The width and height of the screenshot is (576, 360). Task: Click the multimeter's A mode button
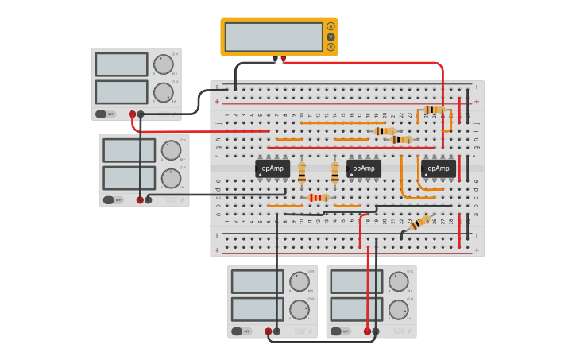tap(331, 26)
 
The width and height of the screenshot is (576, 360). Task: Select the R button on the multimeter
tap(331, 47)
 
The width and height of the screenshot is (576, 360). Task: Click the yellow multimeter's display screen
tap(273, 37)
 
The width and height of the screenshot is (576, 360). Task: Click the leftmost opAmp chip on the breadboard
tap(273, 168)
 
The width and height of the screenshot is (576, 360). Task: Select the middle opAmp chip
tap(364, 168)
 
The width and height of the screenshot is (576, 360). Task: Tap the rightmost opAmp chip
tap(439, 168)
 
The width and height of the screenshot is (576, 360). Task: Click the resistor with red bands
tap(319, 197)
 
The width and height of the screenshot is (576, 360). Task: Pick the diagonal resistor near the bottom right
tap(419, 223)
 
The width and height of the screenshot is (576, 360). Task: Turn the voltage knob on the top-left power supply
tap(163, 64)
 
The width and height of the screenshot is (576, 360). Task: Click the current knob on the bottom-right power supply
tap(398, 309)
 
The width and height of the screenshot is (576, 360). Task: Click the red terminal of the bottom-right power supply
tap(367, 331)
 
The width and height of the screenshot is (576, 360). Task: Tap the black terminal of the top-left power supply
tap(141, 114)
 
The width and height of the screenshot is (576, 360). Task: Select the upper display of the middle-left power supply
tap(129, 150)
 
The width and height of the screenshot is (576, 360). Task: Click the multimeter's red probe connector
tap(283, 59)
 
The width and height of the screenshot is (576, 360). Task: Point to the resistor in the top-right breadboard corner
tap(433, 110)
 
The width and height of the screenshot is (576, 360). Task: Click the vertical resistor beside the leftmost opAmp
tap(302, 172)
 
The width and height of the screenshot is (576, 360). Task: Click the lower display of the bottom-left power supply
tap(257, 309)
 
